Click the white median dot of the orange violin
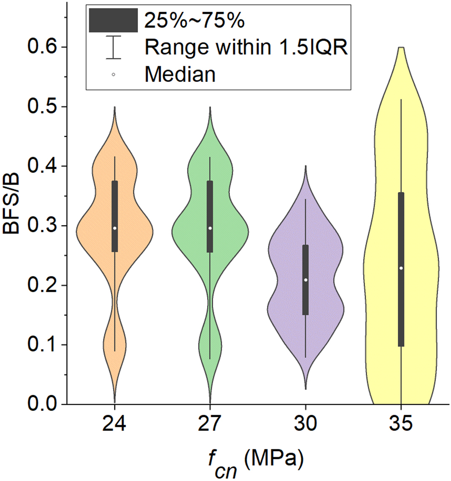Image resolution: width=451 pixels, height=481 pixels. click(114, 228)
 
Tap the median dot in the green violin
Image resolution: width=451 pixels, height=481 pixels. click(210, 228)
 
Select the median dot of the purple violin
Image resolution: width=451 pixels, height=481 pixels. click(305, 280)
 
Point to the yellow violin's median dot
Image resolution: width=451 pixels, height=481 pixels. click(401, 268)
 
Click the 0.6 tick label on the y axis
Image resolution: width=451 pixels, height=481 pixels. click(42, 47)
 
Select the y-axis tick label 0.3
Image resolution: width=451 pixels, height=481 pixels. click(42, 226)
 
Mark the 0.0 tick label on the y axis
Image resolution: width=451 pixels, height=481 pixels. click(42, 404)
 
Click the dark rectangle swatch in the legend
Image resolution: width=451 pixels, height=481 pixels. click(113, 20)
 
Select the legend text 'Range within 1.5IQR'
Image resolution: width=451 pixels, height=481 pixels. click(246, 48)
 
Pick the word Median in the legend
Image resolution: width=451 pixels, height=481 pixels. click(180, 75)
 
